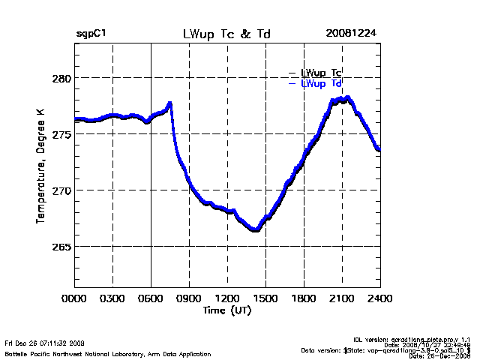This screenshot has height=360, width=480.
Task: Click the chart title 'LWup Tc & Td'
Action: coord(226,34)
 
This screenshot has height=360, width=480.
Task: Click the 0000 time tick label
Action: coord(75,298)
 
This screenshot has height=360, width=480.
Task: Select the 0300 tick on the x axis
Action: coord(112,298)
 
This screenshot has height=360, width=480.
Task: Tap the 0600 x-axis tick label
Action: coord(151,298)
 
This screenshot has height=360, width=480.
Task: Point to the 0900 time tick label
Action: coord(189,298)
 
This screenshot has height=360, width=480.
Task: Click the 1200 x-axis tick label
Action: coord(227,298)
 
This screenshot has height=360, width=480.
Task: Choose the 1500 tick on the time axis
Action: coord(265,298)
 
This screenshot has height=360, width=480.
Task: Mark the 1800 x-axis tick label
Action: coord(304,298)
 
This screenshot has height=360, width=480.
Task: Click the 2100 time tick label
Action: coord(342,298)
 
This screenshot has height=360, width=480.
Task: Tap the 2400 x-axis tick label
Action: coord(379,298)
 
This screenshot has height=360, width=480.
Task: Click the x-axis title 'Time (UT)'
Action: coord(226,310)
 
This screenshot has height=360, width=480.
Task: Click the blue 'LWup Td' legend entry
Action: coord(321,84)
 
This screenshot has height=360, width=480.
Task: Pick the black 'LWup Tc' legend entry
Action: coord(321,73)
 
